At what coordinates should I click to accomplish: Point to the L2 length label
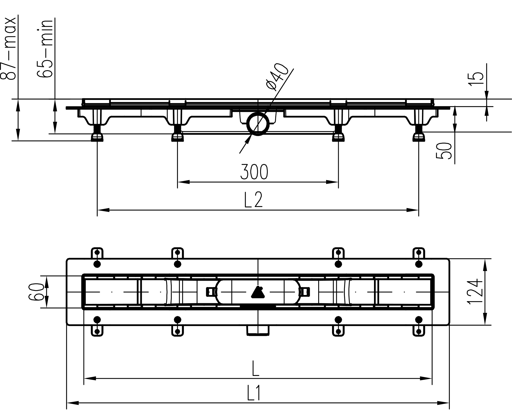click(253, 200)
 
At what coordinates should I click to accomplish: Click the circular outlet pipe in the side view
click(258, 124)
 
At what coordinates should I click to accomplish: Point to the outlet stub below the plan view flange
click(258, 330)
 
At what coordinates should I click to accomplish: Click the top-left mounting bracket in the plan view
click(97, 254)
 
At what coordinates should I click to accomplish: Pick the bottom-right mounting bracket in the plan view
click(419, 330)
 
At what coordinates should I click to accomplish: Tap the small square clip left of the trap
click(210, 292)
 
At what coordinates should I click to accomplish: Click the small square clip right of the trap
click(305, 292)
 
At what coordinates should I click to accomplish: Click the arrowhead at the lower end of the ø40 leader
click(248, 139)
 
